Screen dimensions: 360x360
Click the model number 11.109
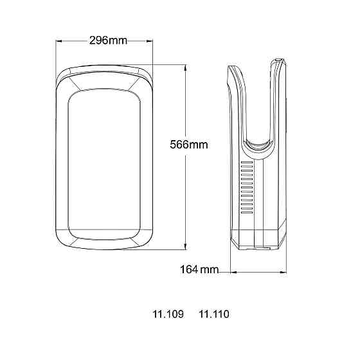168,314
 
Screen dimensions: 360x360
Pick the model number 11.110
214,314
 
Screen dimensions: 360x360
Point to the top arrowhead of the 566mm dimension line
185,66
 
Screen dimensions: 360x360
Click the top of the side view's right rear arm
276,62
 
